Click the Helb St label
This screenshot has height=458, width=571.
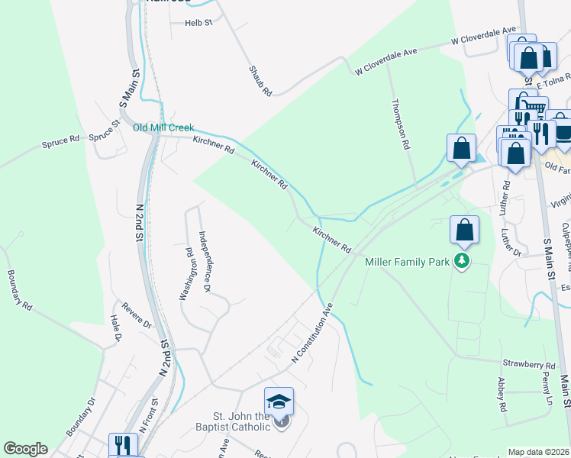(x=198, y=23)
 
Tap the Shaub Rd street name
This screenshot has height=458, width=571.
(x=260, y=80)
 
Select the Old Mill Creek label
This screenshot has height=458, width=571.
(x=163, y=127)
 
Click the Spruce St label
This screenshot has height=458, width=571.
(x=105, y=131)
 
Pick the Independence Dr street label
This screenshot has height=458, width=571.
(x=204, y=262)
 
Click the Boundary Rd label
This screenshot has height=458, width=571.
(x=20, y=290)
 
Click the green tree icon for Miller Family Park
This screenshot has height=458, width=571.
(x=461, y=262)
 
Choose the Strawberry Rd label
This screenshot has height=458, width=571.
(x=528, y=366)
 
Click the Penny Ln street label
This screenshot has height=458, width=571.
(x=547, y=389)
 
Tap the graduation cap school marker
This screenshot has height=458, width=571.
(x=279, y=402)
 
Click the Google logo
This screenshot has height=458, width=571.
(x=24, y=449)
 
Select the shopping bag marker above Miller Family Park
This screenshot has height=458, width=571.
(x=464, y=230)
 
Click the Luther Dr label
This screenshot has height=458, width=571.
(x=511, y=242)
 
